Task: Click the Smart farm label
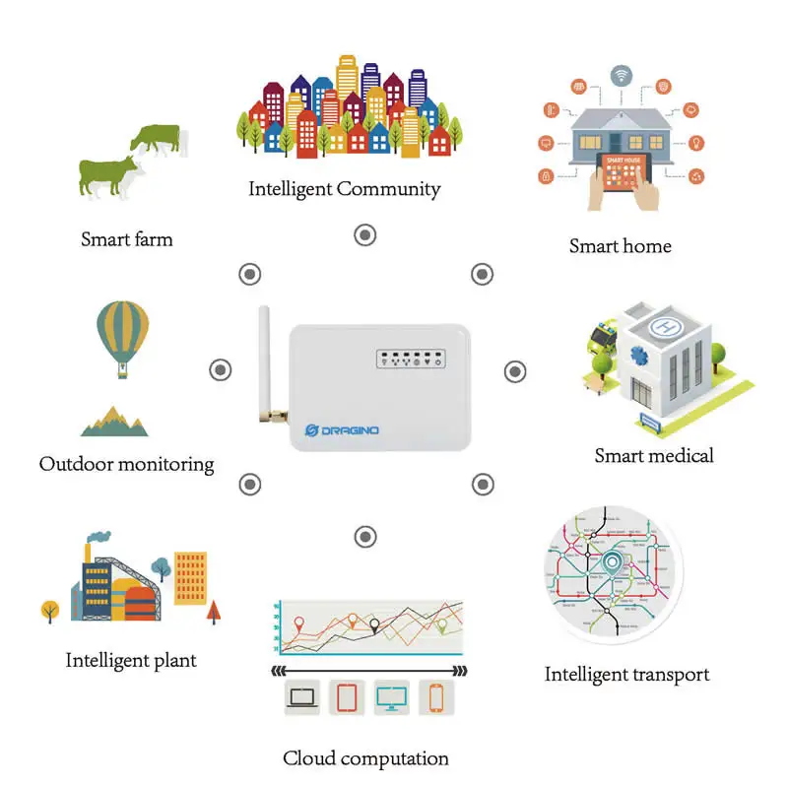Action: pos(126,238)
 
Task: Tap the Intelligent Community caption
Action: pos(344,188)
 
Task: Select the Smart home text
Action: pos(620,245)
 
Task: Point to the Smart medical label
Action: pos(653,455)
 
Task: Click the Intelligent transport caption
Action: pos(626,675)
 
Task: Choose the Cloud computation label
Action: pos(365,758)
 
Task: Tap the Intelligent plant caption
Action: pos(131,660)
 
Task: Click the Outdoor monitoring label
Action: pos(126,463)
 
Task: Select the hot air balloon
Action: pos(123,335)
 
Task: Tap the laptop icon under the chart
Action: pos(301,697)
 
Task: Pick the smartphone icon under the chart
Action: pos(435,697)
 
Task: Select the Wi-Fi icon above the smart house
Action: pos(621,75)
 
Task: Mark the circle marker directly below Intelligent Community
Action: pos(365,235)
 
